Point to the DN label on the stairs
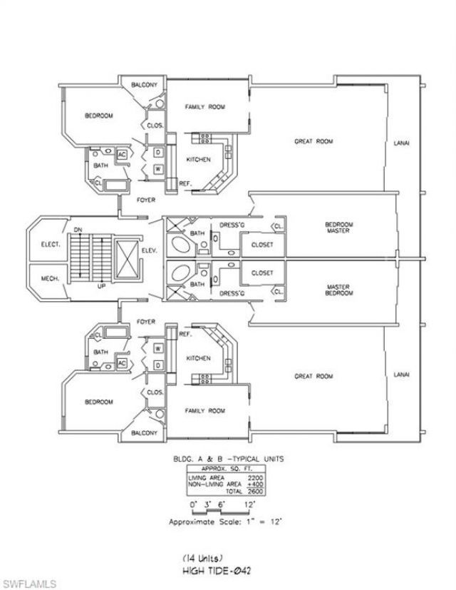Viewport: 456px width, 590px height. [x=77, y=229]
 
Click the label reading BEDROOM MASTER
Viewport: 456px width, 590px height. [x=339, y=228]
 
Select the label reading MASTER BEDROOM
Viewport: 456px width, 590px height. [x=339, y=290]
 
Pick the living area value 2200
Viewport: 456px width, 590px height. [x=254, y=477]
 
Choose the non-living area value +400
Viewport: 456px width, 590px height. [x=254, y=484]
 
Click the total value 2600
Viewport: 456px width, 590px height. [x=254, y=492]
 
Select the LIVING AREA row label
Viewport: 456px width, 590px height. [x=204, y=477]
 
